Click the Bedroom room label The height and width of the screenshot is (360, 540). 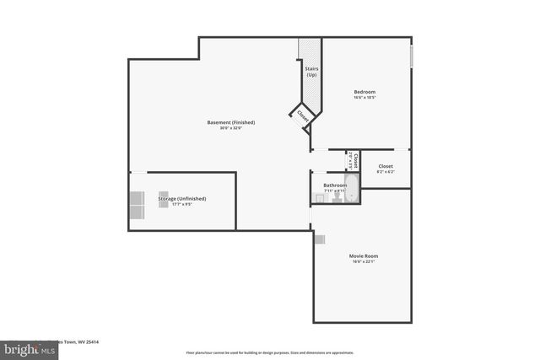(x=364, y=92)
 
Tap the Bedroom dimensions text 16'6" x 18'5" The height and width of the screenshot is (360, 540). (x=364, y=98)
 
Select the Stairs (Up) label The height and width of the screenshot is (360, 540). (x=311, y=72)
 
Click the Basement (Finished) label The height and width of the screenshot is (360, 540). (x=231, y=122)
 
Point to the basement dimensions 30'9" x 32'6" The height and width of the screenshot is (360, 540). (x=231, y=128)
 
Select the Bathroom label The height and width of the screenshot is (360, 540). (x=335, y=185)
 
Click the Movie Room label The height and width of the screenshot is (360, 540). (x=364, y=255)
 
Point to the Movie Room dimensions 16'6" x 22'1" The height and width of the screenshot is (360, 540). (x=364, y=261)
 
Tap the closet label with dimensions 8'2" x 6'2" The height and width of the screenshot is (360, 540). (x=386, y=166)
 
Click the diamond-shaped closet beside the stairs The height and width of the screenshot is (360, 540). (x=302, y=117)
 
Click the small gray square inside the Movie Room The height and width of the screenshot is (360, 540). (x=319, y=239)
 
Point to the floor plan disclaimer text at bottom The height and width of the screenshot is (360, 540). (x=269, y=352)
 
